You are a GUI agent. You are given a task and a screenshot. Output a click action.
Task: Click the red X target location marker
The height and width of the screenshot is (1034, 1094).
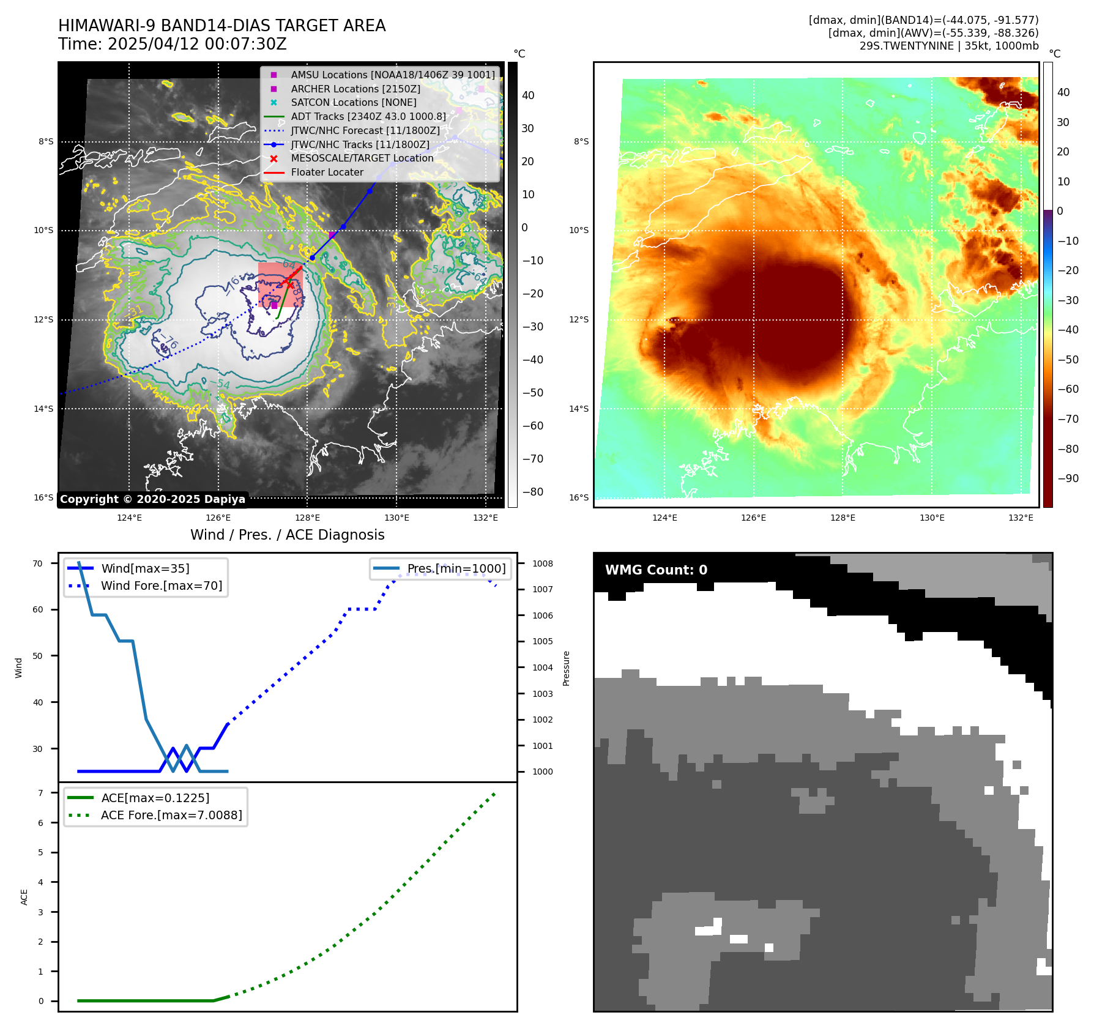289,283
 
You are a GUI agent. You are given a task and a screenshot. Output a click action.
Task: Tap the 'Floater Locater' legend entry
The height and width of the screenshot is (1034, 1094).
327,172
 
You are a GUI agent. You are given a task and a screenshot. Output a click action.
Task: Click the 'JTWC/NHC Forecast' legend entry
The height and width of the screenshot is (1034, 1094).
365,130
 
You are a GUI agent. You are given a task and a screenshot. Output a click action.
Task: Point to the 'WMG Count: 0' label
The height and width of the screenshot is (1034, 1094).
656,570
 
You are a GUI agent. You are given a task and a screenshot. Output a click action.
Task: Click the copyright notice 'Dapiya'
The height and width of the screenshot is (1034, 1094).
152,499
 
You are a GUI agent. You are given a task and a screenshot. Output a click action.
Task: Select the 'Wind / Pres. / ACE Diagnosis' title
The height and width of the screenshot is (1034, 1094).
288,535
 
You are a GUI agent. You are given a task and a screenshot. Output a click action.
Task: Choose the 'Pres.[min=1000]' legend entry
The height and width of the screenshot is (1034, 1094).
456,568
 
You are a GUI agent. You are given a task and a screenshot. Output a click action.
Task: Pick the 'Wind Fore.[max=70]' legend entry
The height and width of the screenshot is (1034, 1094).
162,586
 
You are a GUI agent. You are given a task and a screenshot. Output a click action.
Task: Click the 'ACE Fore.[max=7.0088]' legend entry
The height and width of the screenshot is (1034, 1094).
171,815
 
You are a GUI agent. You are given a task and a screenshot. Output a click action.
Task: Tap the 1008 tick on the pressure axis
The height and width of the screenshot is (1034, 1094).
542,563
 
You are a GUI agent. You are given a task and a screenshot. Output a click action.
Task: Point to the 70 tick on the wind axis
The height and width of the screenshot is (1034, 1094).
38,563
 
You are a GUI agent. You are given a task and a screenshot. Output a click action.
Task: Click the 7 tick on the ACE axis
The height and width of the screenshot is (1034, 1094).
40,793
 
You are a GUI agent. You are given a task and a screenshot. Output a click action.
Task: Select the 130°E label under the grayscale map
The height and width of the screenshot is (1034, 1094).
396,518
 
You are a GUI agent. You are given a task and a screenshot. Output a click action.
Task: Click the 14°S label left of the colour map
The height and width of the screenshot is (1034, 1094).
579,409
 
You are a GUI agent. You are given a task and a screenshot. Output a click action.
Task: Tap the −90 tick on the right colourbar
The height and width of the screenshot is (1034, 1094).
1068,478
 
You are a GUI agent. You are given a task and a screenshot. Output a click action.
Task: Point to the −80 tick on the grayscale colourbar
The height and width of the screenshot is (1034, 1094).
532,492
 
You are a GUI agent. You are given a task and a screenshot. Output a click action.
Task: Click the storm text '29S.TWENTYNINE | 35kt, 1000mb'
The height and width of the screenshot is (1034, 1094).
949,46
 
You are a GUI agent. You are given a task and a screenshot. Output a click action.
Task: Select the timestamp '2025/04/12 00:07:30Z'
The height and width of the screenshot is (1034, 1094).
197,44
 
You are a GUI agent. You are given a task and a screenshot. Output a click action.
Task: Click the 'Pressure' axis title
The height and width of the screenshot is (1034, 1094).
566,668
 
